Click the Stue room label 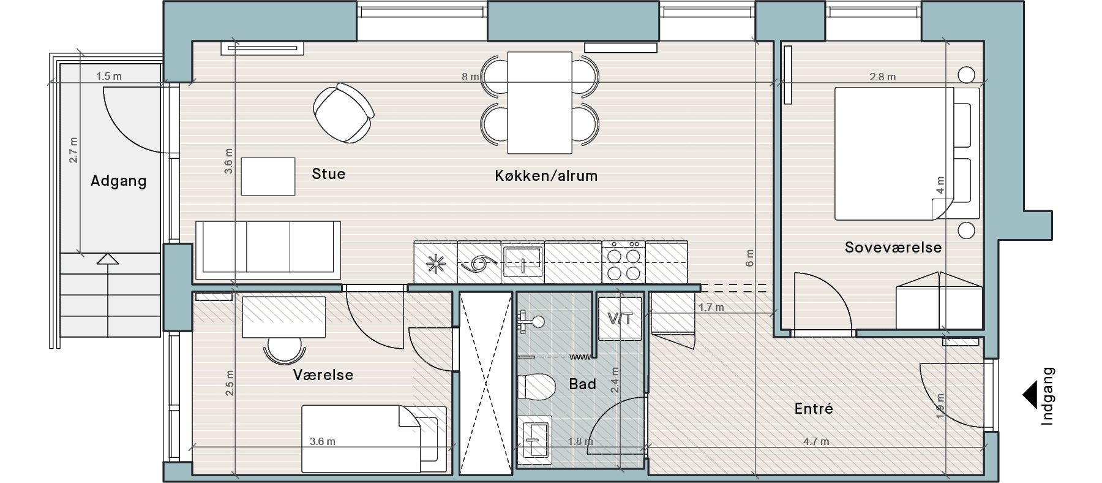click(x=329, y=174)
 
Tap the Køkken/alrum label click(x=546, y=177)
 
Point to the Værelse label click(x=323, y=375)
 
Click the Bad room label click(x=582, y=384)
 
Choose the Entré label click(x=814, y=409)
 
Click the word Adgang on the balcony click(x=119, y=181)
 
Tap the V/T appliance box click(x=620, y=318)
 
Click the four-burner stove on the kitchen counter click(x=624, y=262)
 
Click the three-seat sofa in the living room click(x=268, y=247)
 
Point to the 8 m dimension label click(x=470, y=77)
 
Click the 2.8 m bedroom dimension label click(x=883, y=77)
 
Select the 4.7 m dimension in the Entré click(x=816, y=441)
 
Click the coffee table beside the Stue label click(x=268, y=177)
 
